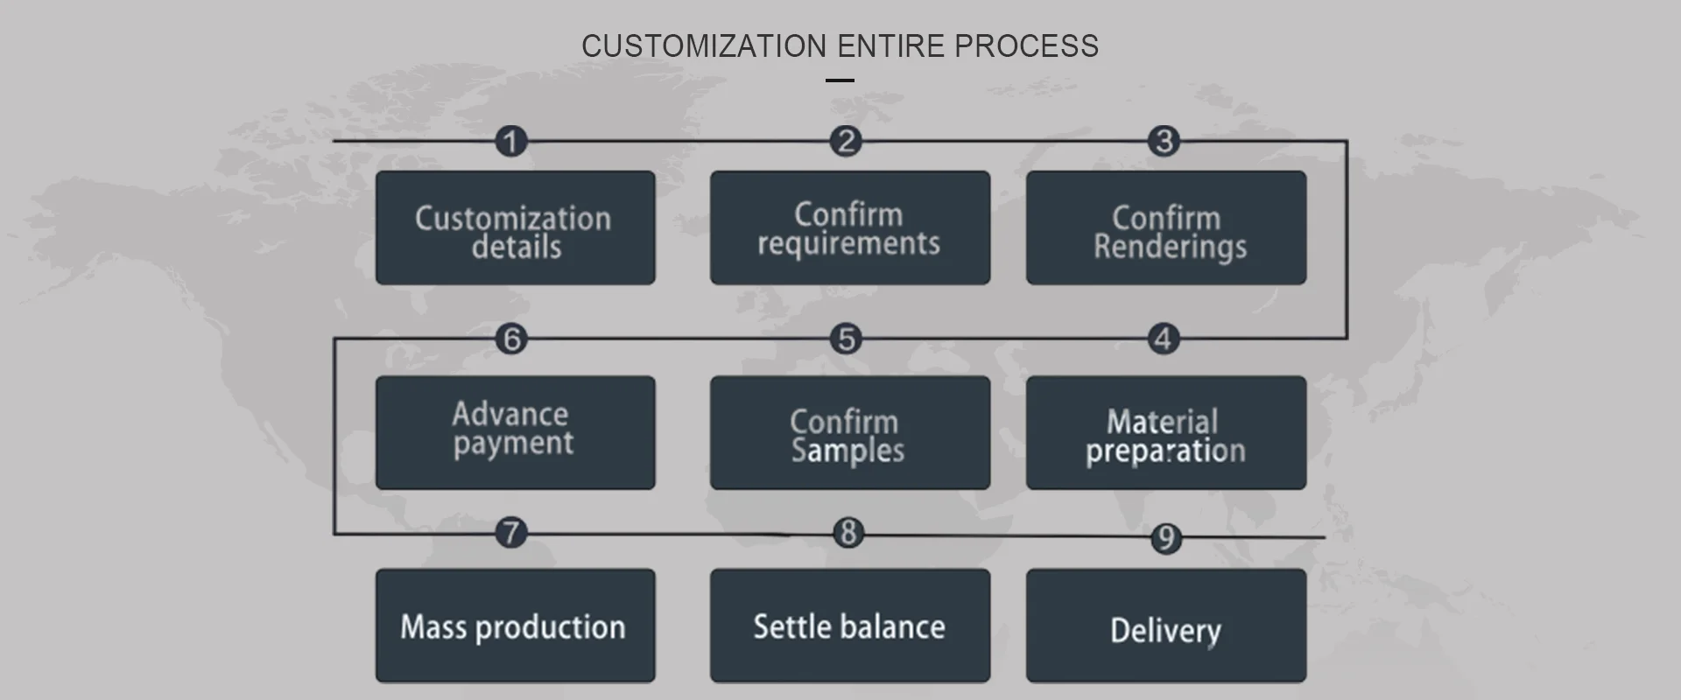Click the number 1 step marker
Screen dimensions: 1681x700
[x=511, y=141]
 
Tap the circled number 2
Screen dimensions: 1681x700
[x=846, y=141]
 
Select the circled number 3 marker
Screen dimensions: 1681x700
[x=1164, y=141]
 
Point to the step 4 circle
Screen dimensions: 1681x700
[x=1164, y=339]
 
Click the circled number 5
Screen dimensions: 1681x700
[x=846, y=339]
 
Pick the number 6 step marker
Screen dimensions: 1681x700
[x=512, y=339]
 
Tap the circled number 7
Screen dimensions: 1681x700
[x=511, y=532]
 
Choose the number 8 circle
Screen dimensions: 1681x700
[x=848, y=532]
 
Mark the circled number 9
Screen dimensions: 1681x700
[x=1165, y=538]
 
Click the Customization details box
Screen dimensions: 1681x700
[x=516, y=227]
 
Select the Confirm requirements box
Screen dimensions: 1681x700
[x=850, y=227]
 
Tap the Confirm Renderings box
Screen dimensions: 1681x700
[x=1166, y=227]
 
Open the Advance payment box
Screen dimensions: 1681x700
[x=516, y=432]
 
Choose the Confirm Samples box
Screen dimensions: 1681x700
[x=850, y=432]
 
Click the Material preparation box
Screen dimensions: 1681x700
[x=1166, y=432]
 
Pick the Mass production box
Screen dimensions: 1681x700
[x=516, y=626]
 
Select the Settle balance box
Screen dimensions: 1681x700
[x=850, y=626]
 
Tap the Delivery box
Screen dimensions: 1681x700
[x=1166, y=626]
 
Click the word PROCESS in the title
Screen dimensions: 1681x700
[x=1026, y=45]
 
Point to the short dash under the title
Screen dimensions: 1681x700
[x=840, y=80]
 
